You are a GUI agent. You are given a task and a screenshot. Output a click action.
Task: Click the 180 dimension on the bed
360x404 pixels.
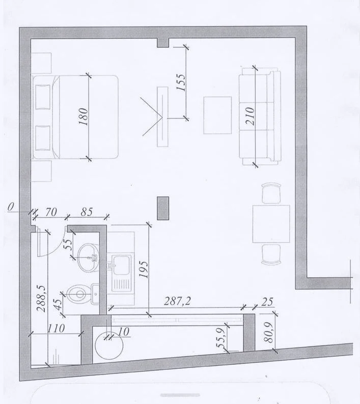tap(84, 117)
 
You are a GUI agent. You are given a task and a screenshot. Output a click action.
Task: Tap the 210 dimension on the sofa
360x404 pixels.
tap(250, 116)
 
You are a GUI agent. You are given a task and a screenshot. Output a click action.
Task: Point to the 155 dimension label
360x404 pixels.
tap(181, 82)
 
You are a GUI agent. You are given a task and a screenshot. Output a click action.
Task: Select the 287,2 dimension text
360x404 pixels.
tap(177, 301)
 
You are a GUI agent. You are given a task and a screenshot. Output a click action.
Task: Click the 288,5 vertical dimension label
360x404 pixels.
tap(41, 298)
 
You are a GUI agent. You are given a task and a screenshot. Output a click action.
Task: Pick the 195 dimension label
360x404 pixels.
tap(144, 270)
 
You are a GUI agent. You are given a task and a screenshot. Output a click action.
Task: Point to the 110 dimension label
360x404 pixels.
tap(56, 329)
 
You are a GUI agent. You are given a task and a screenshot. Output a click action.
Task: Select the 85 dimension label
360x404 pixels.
tap(87, 212)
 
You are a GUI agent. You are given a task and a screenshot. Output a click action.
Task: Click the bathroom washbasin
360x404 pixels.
tap(88, 257)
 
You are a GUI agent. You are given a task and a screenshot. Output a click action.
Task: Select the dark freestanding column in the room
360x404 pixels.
tap(163, 208)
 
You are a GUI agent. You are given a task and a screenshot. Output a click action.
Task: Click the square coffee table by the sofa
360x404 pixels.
tap(217, 115)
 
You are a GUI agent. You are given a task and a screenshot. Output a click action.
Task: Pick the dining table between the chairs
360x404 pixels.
tap(271, 224)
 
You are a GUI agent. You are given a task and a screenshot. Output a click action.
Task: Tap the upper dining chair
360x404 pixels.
tap(271, 193)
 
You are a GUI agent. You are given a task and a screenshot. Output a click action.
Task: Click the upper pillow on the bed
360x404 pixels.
tap(43, 97)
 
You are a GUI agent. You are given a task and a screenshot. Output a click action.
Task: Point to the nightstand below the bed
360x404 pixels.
tap(41, 171)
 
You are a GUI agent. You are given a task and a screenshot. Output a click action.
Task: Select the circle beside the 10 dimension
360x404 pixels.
tap(109, 345)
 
